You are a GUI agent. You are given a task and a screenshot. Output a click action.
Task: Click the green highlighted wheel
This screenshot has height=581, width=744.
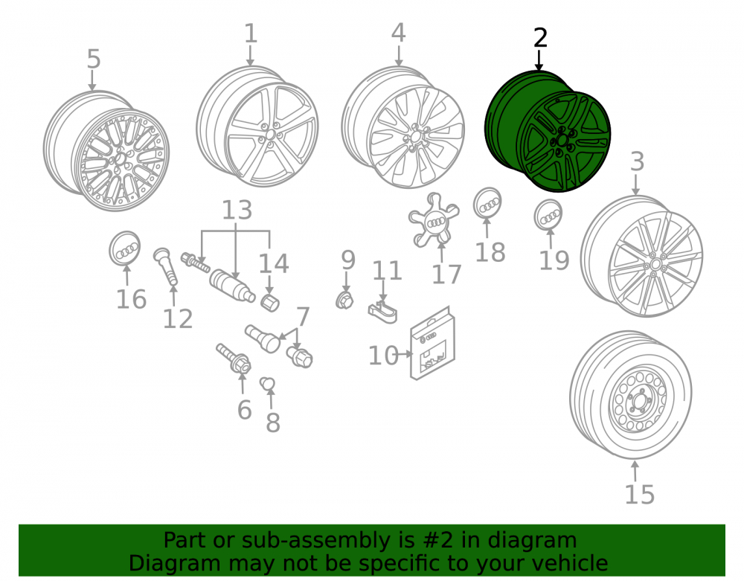click(x=548, y=132)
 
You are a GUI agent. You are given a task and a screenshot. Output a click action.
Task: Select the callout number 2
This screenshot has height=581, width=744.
click(x=540, y=39)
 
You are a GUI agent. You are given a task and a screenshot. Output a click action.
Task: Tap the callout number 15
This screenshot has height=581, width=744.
click(x=639, y=495)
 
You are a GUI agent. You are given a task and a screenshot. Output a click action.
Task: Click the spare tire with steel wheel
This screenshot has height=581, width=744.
click(x=631, y=395)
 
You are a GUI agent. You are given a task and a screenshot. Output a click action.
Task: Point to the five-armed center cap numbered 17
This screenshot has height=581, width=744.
click(x=434, y=220)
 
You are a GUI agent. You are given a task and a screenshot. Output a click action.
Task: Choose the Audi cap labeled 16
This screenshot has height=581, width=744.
click(x=125, y=248)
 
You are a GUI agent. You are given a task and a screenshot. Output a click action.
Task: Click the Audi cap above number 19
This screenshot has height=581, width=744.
click(x=548, y=215)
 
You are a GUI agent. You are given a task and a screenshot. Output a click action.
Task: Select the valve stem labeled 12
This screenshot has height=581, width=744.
click(x=166, y=266)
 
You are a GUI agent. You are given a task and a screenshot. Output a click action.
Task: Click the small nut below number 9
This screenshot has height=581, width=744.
click(x=344, y=301)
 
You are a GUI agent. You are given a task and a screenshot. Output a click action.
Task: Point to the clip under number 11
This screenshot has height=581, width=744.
click(x=383, y=312)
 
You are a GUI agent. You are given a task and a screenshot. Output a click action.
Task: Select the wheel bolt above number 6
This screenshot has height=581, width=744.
click(x=234, y=358)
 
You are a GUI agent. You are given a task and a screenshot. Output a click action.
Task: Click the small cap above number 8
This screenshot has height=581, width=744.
click(x=268, y=383)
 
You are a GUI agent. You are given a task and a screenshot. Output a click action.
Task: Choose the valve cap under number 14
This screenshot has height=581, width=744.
click(x=271, y=303)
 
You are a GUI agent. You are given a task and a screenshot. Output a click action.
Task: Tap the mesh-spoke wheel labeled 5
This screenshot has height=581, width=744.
click(x=106, y=150)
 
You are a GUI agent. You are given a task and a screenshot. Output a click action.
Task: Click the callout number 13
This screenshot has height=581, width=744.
click(x=237, y=210)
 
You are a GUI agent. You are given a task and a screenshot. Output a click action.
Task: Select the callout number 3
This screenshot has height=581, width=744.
click(x=637, y=161)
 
